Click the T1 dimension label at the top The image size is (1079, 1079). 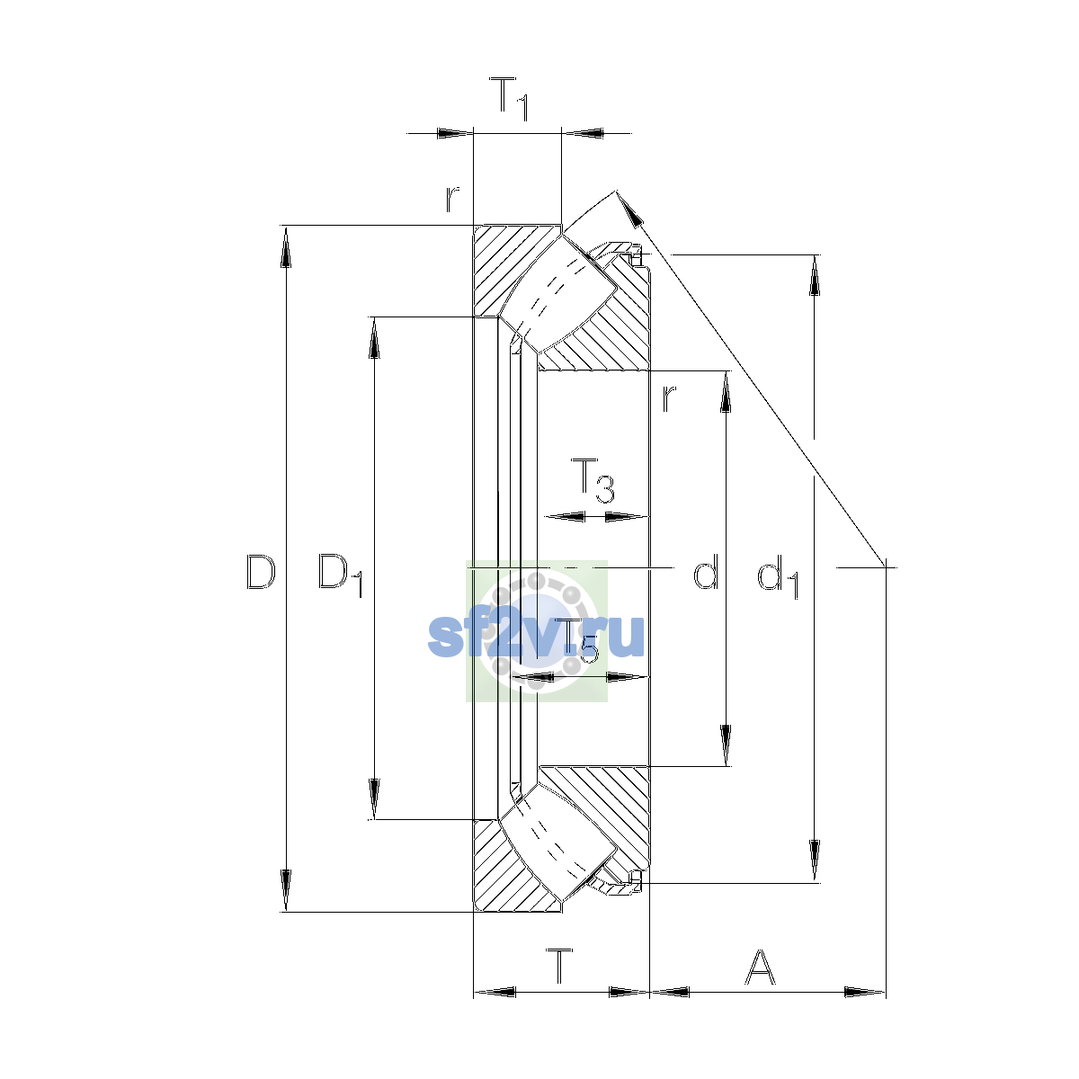[508, 99]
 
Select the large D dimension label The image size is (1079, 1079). [261, 572]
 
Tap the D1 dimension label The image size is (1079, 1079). [341, 575]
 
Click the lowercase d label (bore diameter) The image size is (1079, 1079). [706, 571]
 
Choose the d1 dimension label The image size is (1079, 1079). [778, 576]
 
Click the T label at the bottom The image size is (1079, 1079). [559, 966]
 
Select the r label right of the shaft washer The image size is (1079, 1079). [669, 398]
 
